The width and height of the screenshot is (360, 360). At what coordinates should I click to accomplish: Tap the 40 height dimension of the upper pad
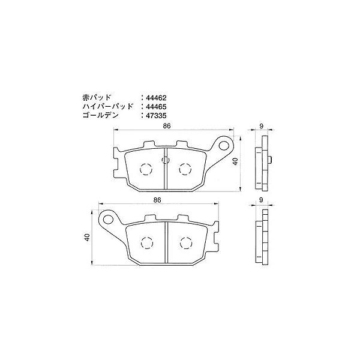[236, 161]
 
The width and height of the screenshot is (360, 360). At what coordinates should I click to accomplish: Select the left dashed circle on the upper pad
[146, 169]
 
